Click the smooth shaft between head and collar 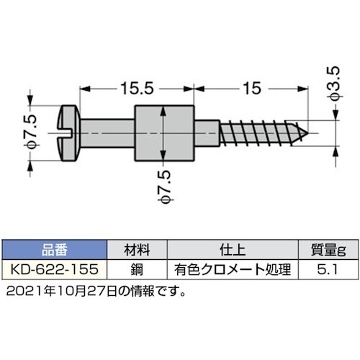(108, 134)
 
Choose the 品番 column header (54, 251)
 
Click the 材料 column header (136, 251)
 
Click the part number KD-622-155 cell (54, 270)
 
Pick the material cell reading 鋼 (136, 270)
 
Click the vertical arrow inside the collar (166, 135)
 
